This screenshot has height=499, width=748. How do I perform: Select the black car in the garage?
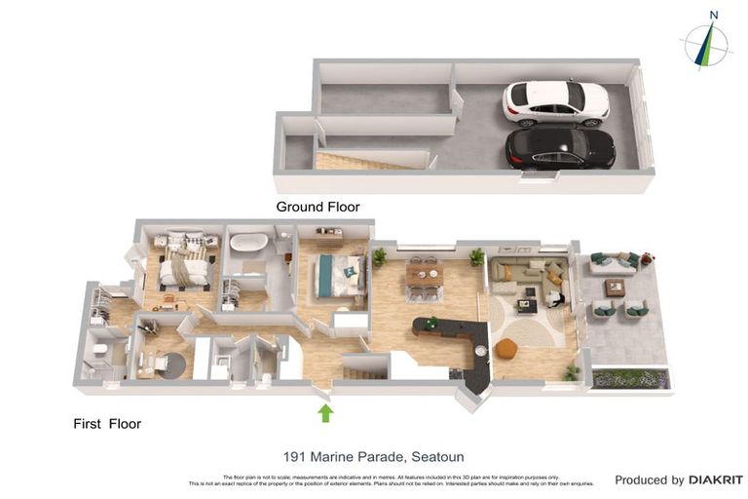click(x=560, y=148)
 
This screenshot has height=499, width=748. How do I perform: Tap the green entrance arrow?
click(x=325, y=413)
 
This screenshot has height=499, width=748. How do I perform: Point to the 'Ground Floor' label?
click(x=318, y=207)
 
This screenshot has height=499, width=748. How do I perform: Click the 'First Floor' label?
click(x=107, y=424)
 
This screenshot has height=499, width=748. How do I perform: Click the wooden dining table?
click(x=425, y=276)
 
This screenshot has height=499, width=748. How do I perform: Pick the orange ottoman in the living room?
click(x=505, y=348)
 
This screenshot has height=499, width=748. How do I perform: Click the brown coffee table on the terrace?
click(x=615, y=288)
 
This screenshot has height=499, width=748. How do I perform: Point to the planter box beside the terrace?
click(x=630, y=378)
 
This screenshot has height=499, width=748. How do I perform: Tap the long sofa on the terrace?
click(x=614, y=262)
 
